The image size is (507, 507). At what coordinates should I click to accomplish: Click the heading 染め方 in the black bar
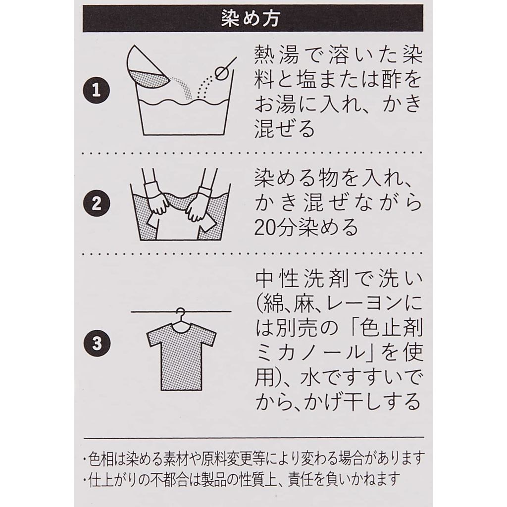point(251,18)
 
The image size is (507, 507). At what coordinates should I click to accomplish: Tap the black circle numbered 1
point(97,90)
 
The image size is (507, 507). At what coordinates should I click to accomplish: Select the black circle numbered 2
point(97,203)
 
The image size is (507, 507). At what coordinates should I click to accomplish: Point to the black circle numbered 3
point(97,343)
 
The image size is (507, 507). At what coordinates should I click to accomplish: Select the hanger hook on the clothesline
point(181,315)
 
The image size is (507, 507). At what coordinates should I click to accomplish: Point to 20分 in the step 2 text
point(274,227)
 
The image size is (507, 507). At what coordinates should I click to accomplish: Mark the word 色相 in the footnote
point(101,458)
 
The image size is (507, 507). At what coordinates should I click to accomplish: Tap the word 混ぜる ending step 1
point(285,129)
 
